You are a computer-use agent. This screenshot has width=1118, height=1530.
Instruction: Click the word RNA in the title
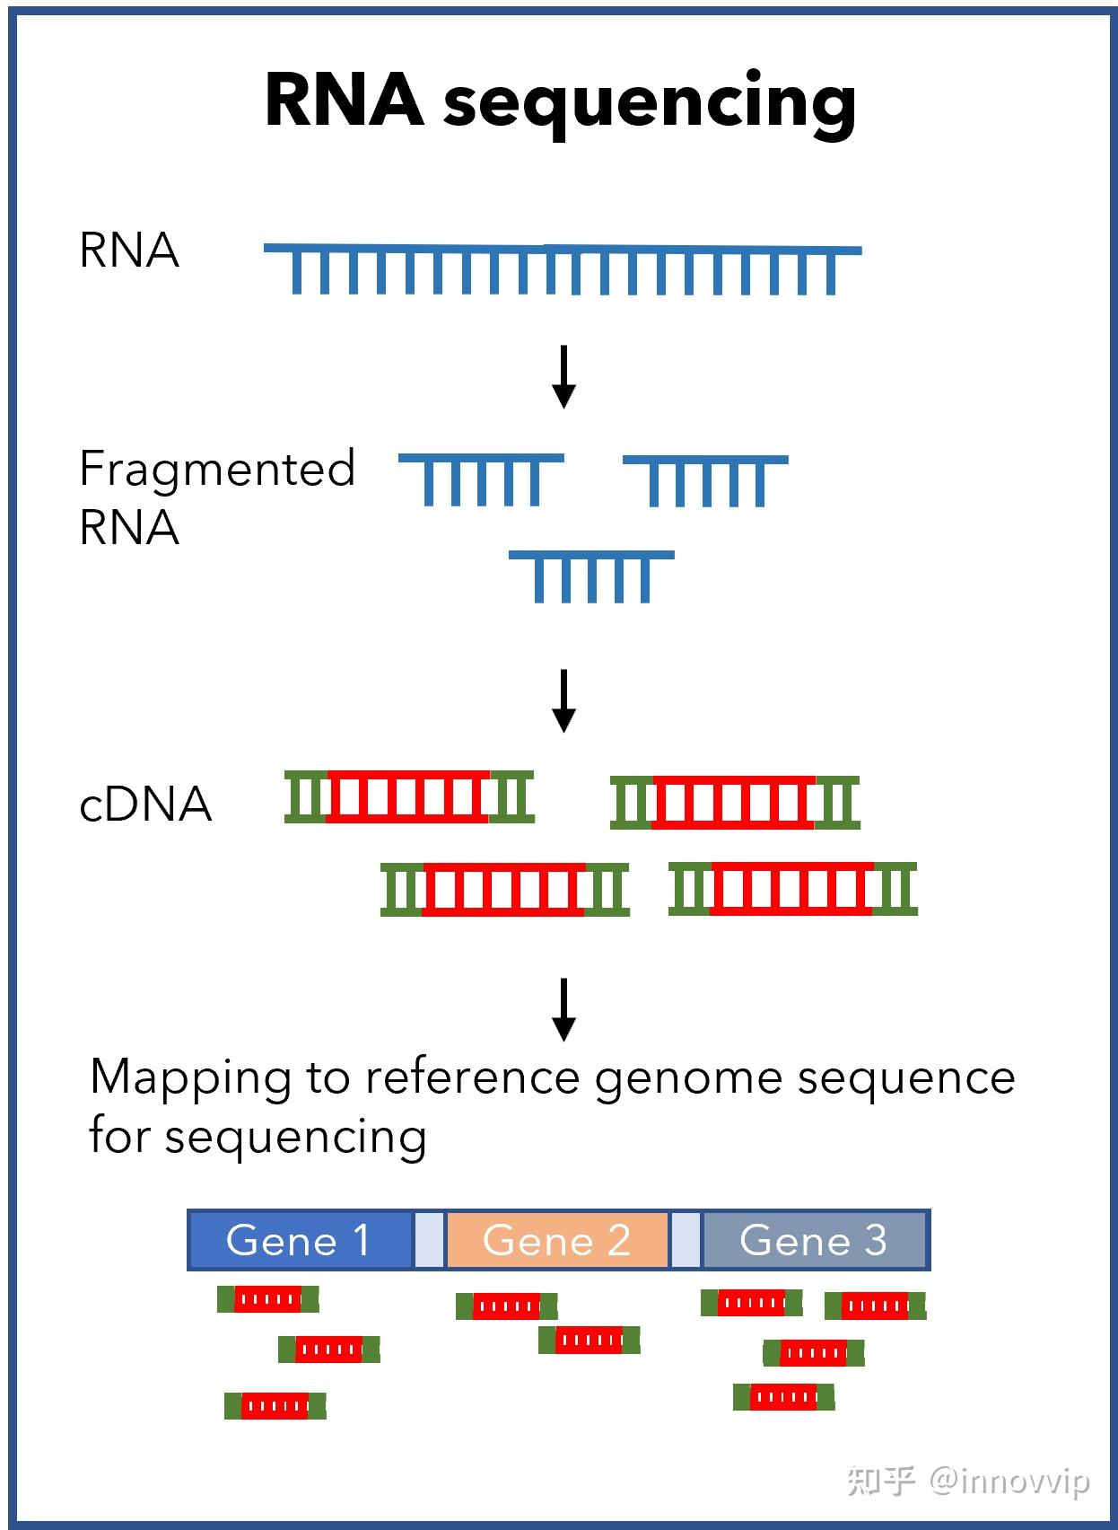344,100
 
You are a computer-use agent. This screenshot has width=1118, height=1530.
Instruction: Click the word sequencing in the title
650,103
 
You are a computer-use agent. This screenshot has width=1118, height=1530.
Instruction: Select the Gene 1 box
300,1241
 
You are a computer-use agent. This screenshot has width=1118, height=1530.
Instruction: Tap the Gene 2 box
556,1241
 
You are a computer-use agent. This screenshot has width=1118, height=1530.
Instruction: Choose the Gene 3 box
813,1241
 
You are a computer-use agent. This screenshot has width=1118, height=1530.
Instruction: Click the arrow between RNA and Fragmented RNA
563,377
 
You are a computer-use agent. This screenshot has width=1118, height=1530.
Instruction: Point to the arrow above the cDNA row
563,701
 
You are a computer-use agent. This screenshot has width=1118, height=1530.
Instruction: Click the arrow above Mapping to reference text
563,1010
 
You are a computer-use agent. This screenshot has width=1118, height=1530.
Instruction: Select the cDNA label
145,805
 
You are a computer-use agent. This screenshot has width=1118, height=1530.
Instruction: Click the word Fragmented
217,469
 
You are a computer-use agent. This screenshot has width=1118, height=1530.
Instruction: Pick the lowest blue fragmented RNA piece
591,576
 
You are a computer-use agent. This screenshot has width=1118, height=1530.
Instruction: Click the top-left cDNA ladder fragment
409,796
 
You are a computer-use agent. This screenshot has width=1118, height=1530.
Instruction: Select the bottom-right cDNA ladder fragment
793,889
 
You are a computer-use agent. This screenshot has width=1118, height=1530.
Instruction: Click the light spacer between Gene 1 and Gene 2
430,1241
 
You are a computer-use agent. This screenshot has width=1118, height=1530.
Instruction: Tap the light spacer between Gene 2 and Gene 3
686,1241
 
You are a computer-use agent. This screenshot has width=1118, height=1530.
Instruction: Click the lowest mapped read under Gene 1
275,1405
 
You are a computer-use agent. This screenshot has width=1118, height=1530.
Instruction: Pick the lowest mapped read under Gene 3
783,1397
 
